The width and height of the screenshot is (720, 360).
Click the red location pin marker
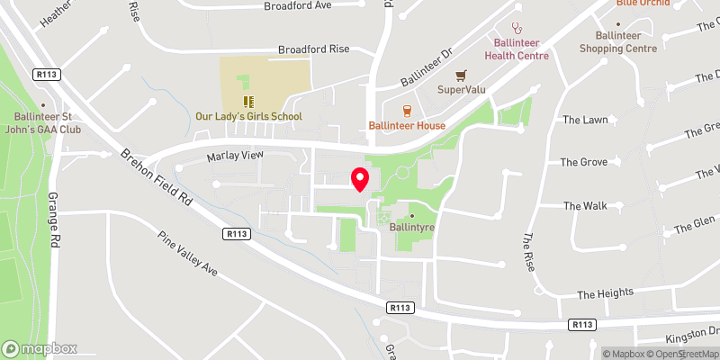click(360, 178)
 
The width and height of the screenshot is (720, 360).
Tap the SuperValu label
click(461, 89)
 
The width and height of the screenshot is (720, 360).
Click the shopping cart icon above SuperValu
click(461, 75)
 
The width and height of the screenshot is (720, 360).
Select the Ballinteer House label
click(407, 125)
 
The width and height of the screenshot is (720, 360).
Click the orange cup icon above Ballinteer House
click(407, 110)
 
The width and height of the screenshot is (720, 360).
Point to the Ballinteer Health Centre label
click(517, 49)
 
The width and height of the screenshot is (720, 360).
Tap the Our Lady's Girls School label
click(249, 116)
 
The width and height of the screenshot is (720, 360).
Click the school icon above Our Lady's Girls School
click(249, 101)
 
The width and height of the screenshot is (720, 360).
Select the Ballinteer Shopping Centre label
click(619, 41)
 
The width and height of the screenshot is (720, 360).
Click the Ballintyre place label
click(412, 229)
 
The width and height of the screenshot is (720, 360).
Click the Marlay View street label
click(235, 156)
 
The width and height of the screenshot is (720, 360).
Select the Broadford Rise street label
click(313, 49)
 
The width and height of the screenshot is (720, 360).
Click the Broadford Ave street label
click(298, 5)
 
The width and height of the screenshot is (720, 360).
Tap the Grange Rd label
click(54, 219)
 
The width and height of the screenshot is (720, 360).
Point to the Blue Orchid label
click(643, 4)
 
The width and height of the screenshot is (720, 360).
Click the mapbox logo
click(40, 348)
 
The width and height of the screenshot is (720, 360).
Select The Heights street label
click(606, 293)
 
